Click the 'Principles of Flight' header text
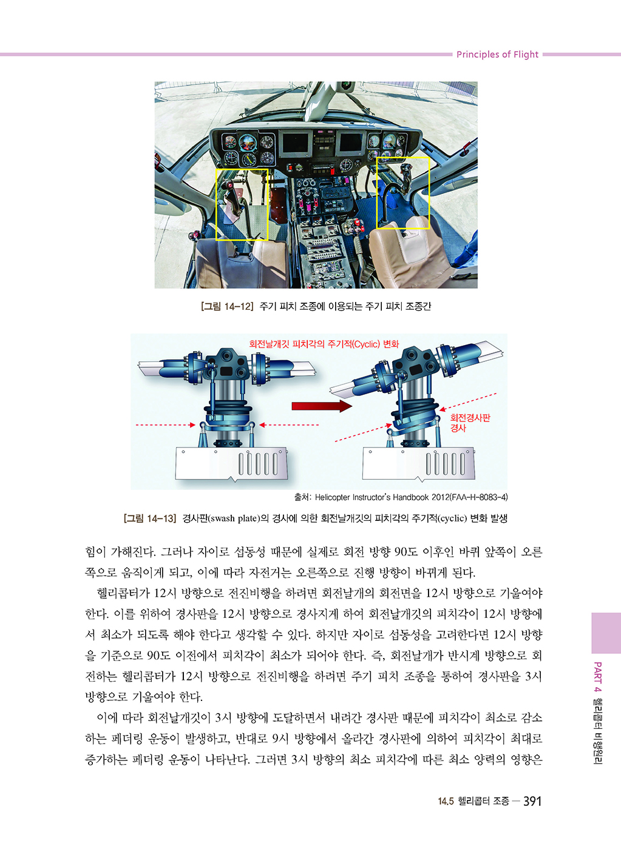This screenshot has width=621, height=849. tap(497, 55)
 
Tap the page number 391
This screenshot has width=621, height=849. tap(532, 801)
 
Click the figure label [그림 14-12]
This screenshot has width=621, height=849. tap(227, 306)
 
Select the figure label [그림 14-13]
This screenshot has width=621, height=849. tap(150, 518)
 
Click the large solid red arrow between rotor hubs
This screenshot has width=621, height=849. tap(322, 406)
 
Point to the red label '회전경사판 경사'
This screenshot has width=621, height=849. tap(470, 423)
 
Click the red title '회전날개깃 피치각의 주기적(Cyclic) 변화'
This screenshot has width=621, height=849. tap(324, 344)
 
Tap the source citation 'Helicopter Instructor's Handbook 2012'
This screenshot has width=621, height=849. tap(381, 497)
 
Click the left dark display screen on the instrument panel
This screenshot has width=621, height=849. tap(296, 143)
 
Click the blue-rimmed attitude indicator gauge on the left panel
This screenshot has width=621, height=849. tap(248, 143)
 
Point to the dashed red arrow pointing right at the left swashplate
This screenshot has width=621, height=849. tap(165, 425)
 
